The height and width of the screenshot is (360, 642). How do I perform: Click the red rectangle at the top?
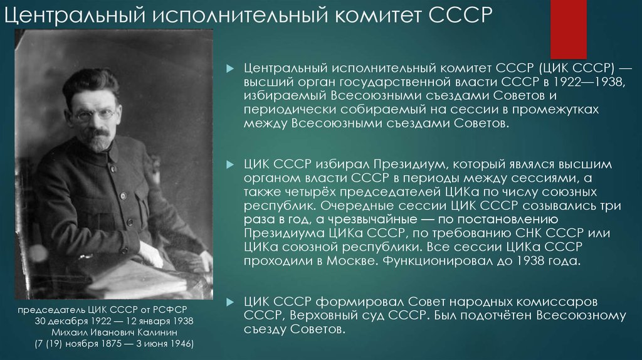click(568, 29)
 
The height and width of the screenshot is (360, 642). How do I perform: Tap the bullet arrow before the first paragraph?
click(231, 68)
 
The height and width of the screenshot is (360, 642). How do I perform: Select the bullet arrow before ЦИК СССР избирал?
click(231, 165)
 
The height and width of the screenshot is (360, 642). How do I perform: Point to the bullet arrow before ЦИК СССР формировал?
click(231, 302)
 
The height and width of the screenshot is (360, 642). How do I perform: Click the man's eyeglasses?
click(95, 114)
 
